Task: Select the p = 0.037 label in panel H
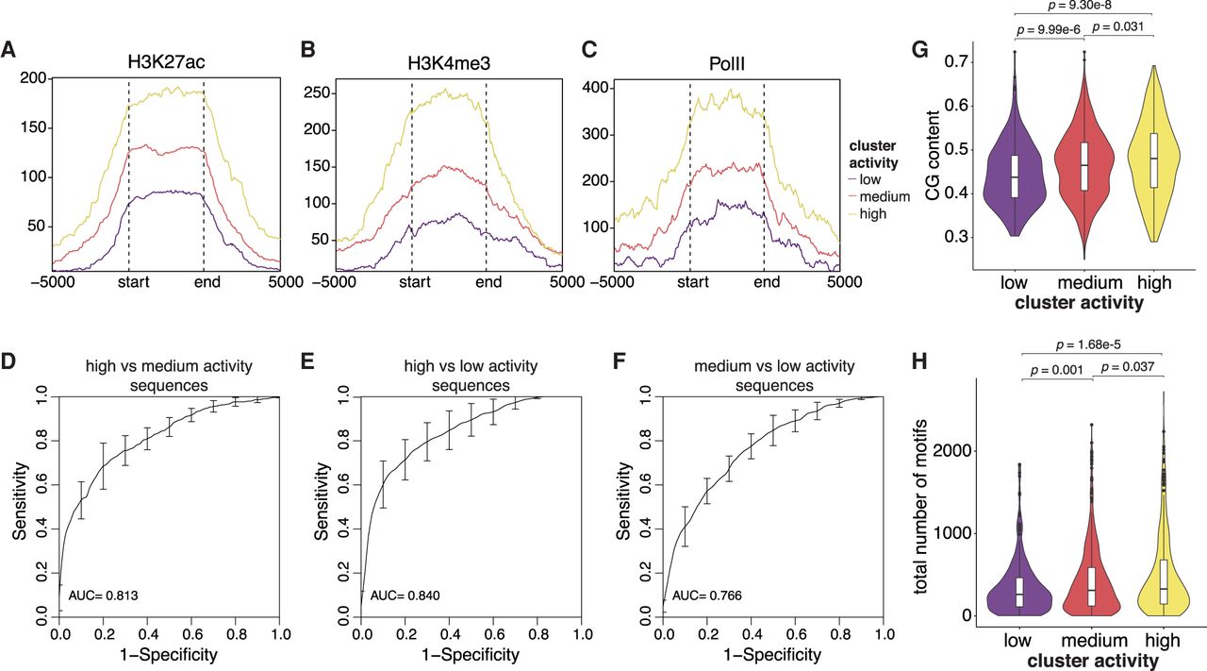1127,365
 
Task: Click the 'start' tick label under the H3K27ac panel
129,280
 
